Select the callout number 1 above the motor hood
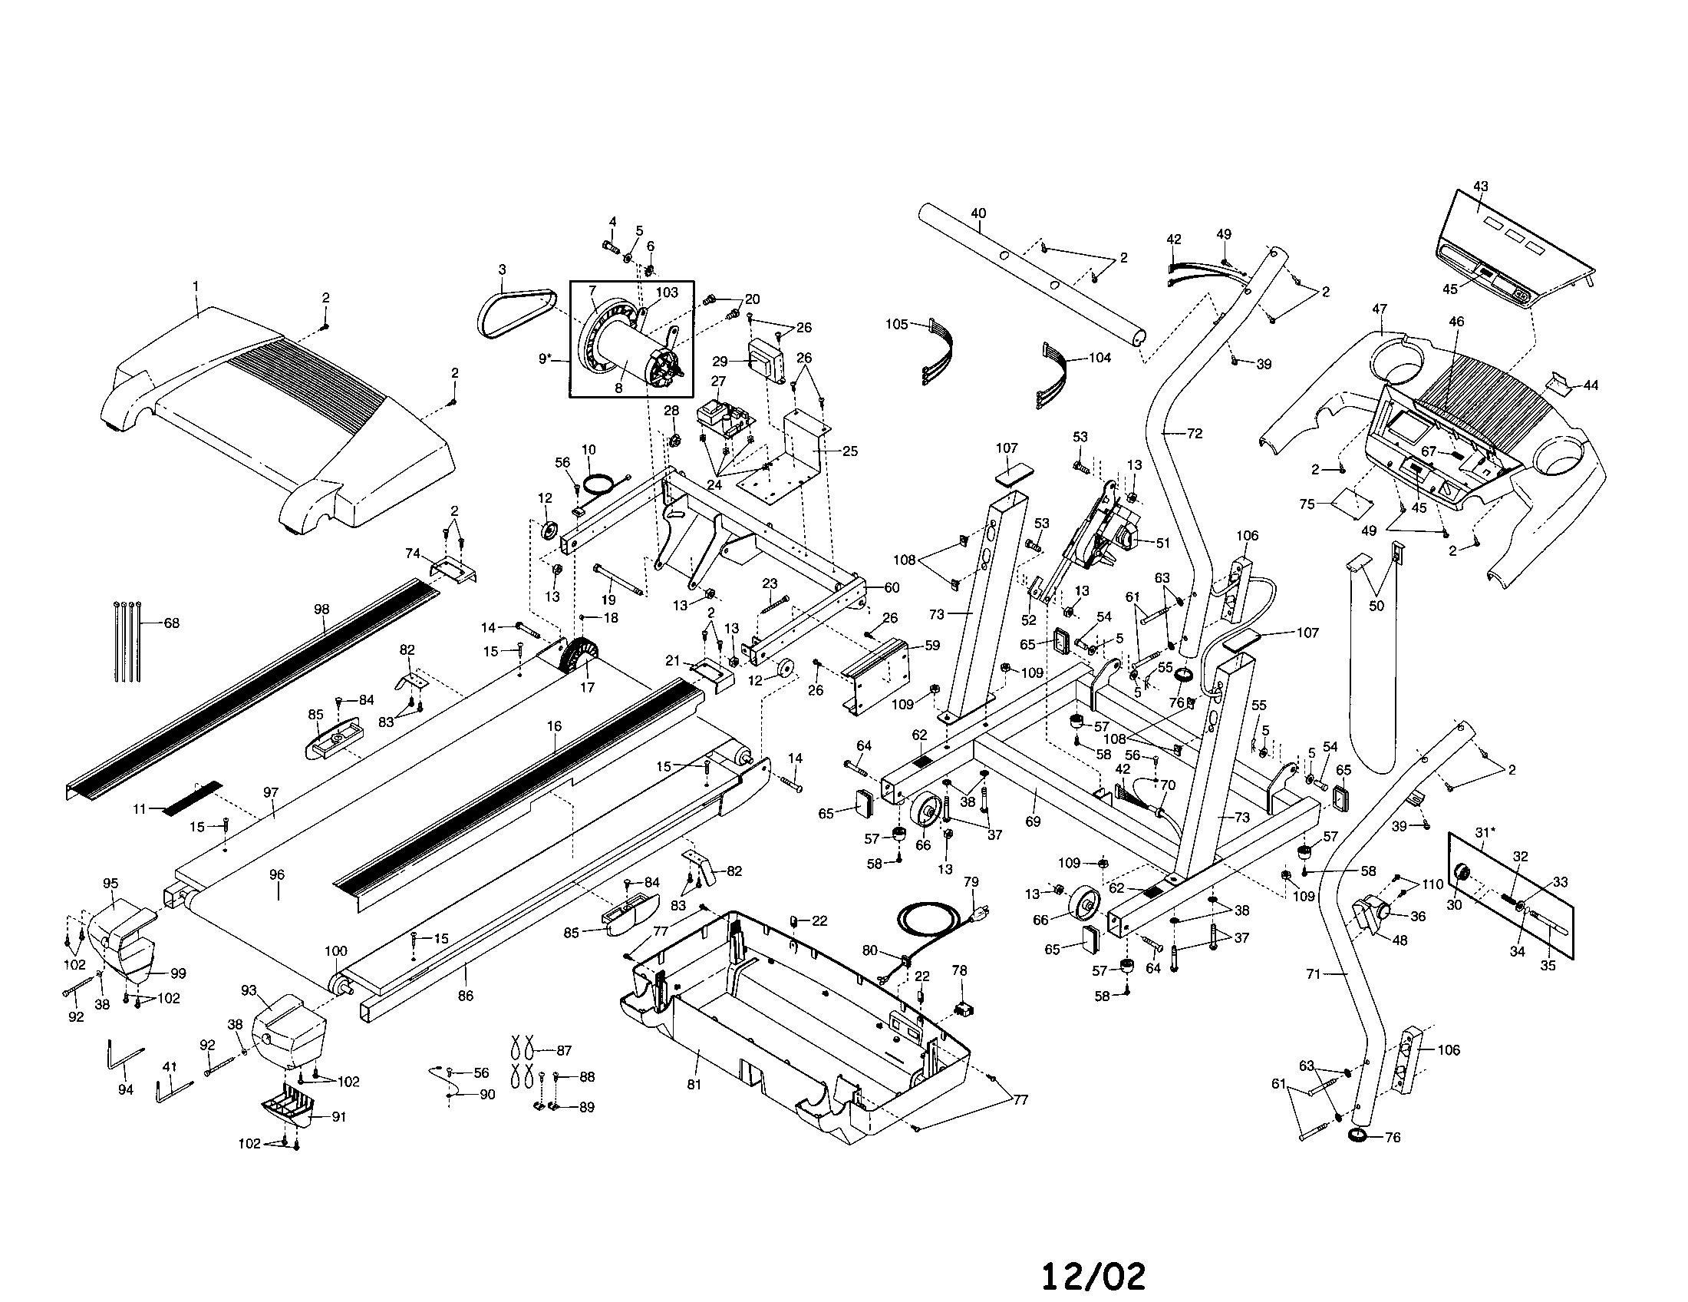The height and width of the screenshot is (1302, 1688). coord(196,286)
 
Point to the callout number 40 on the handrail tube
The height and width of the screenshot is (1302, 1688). coord(978,213)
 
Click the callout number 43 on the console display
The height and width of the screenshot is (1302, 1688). coord(1481,187)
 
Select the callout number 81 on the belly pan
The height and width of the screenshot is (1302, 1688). coord(694,1084)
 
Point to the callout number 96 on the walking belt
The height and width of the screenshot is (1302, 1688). coord(277,874)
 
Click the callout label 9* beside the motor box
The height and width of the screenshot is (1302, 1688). coord(546,358)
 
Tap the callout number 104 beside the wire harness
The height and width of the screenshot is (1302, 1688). coord(1099,358)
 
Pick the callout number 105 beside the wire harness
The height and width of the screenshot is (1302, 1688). coord(896,324)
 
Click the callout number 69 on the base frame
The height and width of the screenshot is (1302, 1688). coord(1034,821)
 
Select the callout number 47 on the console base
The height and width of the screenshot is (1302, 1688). coord(1380,309)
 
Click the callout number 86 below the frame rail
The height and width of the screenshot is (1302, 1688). coord(465,996)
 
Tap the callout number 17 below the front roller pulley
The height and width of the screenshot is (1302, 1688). coord(588,687)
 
